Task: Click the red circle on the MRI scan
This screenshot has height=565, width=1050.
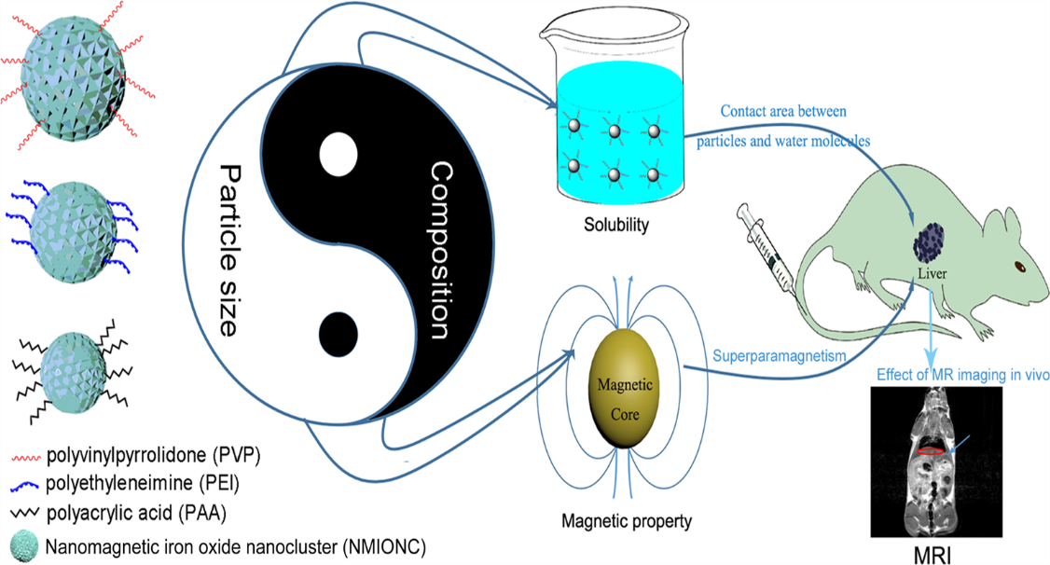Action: click(x=930, y=451)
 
